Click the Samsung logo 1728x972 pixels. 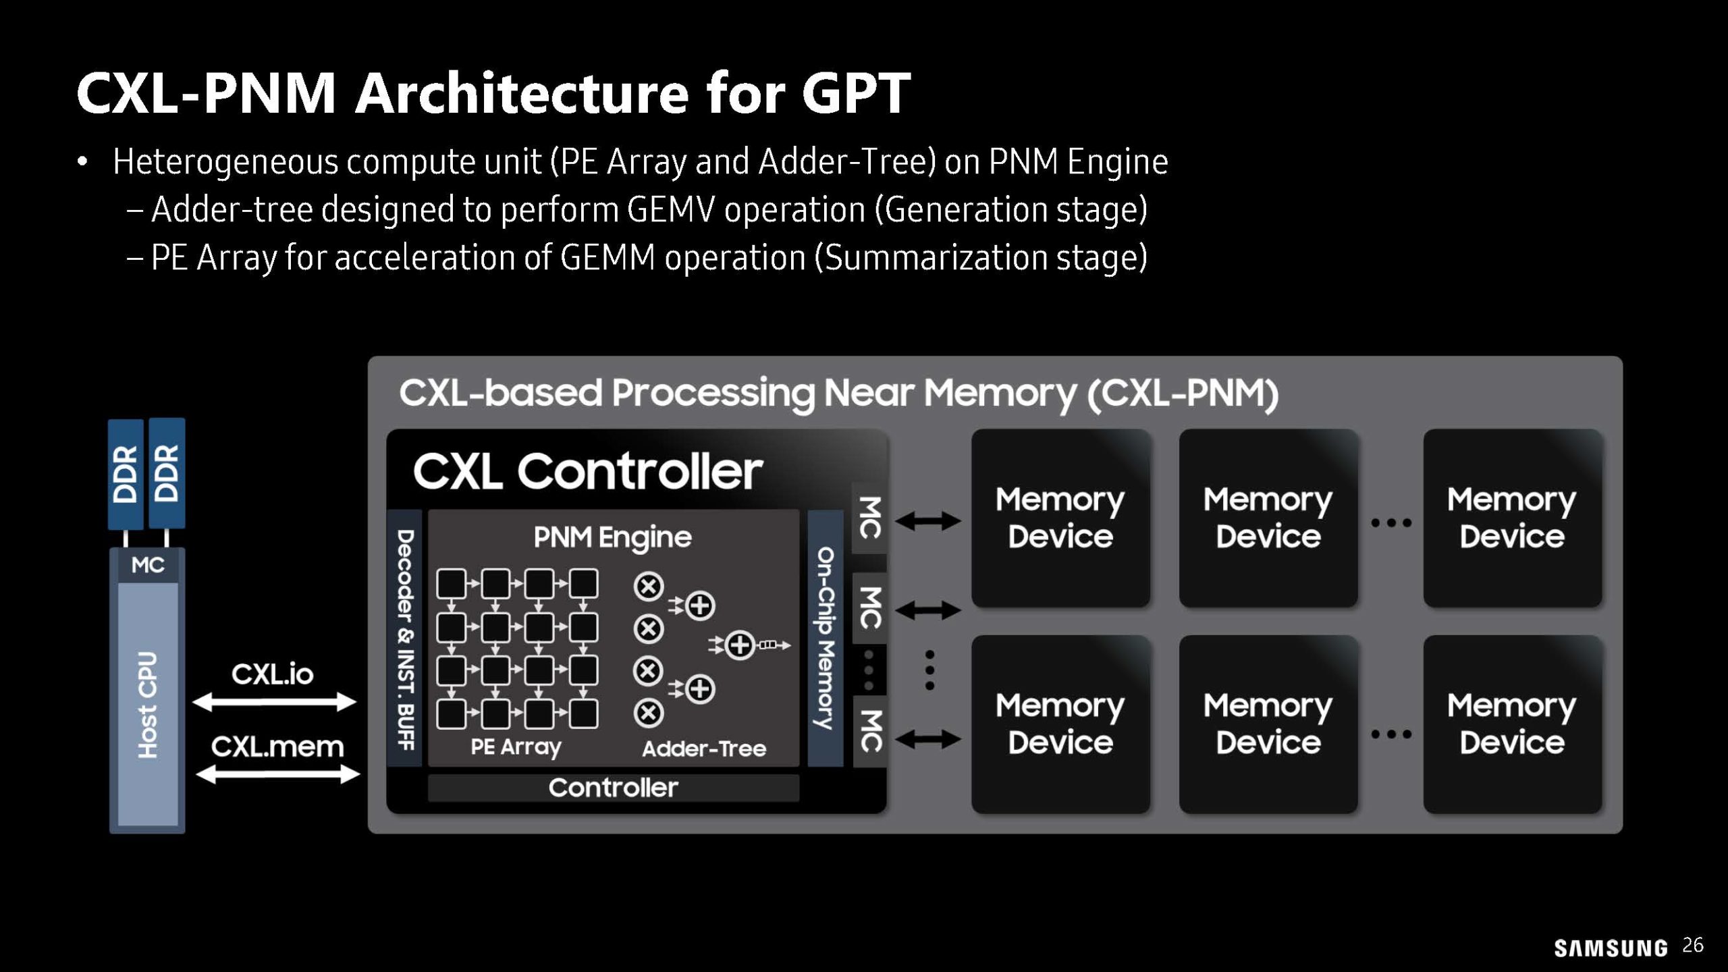click(x=1610, y=948)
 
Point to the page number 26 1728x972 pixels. click(x=1693, y=945)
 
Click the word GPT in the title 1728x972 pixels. click(x=856, y=93)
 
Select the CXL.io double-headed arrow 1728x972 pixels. click(x=274, y=703)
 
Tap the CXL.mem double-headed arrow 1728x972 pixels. click(x=277, y=774)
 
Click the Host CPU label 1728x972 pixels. click(x=147, y=705)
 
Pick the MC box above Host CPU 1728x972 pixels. click(x=147, y=565)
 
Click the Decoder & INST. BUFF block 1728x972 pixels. click(x=405, y=639)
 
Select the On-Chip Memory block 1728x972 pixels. click(x=826, y=639)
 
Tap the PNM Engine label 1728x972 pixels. click(x=612, y=537)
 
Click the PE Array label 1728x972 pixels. click(x=516, y=747)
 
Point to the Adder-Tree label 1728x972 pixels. click(x=703, y=749)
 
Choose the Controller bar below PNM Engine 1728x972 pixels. click(x=613, y=788)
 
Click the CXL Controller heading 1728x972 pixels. click(x=587, y=471)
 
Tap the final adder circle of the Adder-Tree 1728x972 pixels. click(x=740, y=645)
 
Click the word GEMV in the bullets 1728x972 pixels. click(x=671, y=209)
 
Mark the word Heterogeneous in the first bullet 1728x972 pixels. click(x=225, y=162)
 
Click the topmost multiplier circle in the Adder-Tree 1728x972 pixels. click(x=649, y=587)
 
